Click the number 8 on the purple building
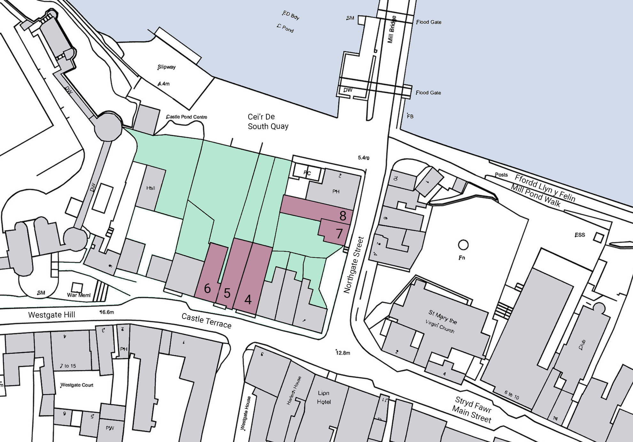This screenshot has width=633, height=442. pyautogui.click(x=343, y=216)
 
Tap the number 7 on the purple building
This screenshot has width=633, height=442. pyautogui.click(x=339, y=234)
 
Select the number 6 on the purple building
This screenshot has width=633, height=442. pyautogui.click(x=207, y=289)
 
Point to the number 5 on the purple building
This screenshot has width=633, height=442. pyautogui.click(x=227, y=293)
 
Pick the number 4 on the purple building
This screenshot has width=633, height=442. pyautogui.click(x=248, y=300)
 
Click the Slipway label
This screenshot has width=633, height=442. pyautogui.click(x=167, y=67)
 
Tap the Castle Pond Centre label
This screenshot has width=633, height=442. pyautogui.click(x=187, y=117)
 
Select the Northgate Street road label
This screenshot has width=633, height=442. pyautogui.click(x=354, y=265)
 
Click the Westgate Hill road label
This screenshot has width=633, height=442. pyautogui.click(x=51, y=315)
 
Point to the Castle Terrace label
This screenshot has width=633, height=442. pyautogui.click(x=206, y=321)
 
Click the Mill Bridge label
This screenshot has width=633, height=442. pyautogui.click(x=392, y=29)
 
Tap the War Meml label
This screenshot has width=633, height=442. pyautogui.click(x=79, y=295)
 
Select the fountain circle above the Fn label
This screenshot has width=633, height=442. pyautogui.click(x=463, y=245)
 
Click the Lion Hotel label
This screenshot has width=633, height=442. pyautogui.click(x=324, y=397)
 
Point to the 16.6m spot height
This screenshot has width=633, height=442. pyautogui.click(x=107, y=312)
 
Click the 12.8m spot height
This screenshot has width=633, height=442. pyautogui.click(x=343, y=353)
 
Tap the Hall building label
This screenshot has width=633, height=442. pyautogui.click(x=151, y=188)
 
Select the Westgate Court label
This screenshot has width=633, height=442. pyautogui.click(x=77, y=385)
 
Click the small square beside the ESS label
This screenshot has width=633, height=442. pyautogui.click(x=598, y=237)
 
